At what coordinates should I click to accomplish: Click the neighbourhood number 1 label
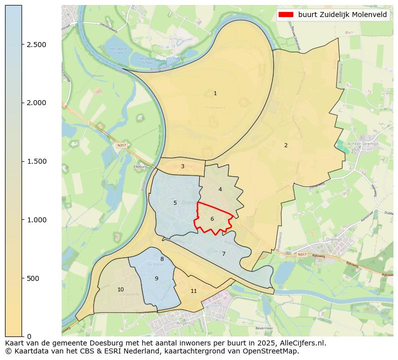215,93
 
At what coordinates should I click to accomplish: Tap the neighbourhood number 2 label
286,145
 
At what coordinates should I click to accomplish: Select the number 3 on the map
182,166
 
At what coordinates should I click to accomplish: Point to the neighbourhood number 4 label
220,189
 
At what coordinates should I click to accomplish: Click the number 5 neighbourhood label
175,203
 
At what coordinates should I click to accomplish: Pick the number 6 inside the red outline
212,219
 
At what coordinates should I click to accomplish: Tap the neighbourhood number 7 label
224,254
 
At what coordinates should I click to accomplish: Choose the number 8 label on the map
162,259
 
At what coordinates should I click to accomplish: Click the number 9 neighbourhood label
156,278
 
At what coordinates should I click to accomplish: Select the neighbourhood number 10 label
120,289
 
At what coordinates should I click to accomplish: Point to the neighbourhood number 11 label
193,291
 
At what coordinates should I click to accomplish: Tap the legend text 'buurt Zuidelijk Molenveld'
342,15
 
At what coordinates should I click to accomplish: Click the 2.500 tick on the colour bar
36,45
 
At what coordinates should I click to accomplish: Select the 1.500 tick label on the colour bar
36,161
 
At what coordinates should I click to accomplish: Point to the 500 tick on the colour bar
33,278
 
